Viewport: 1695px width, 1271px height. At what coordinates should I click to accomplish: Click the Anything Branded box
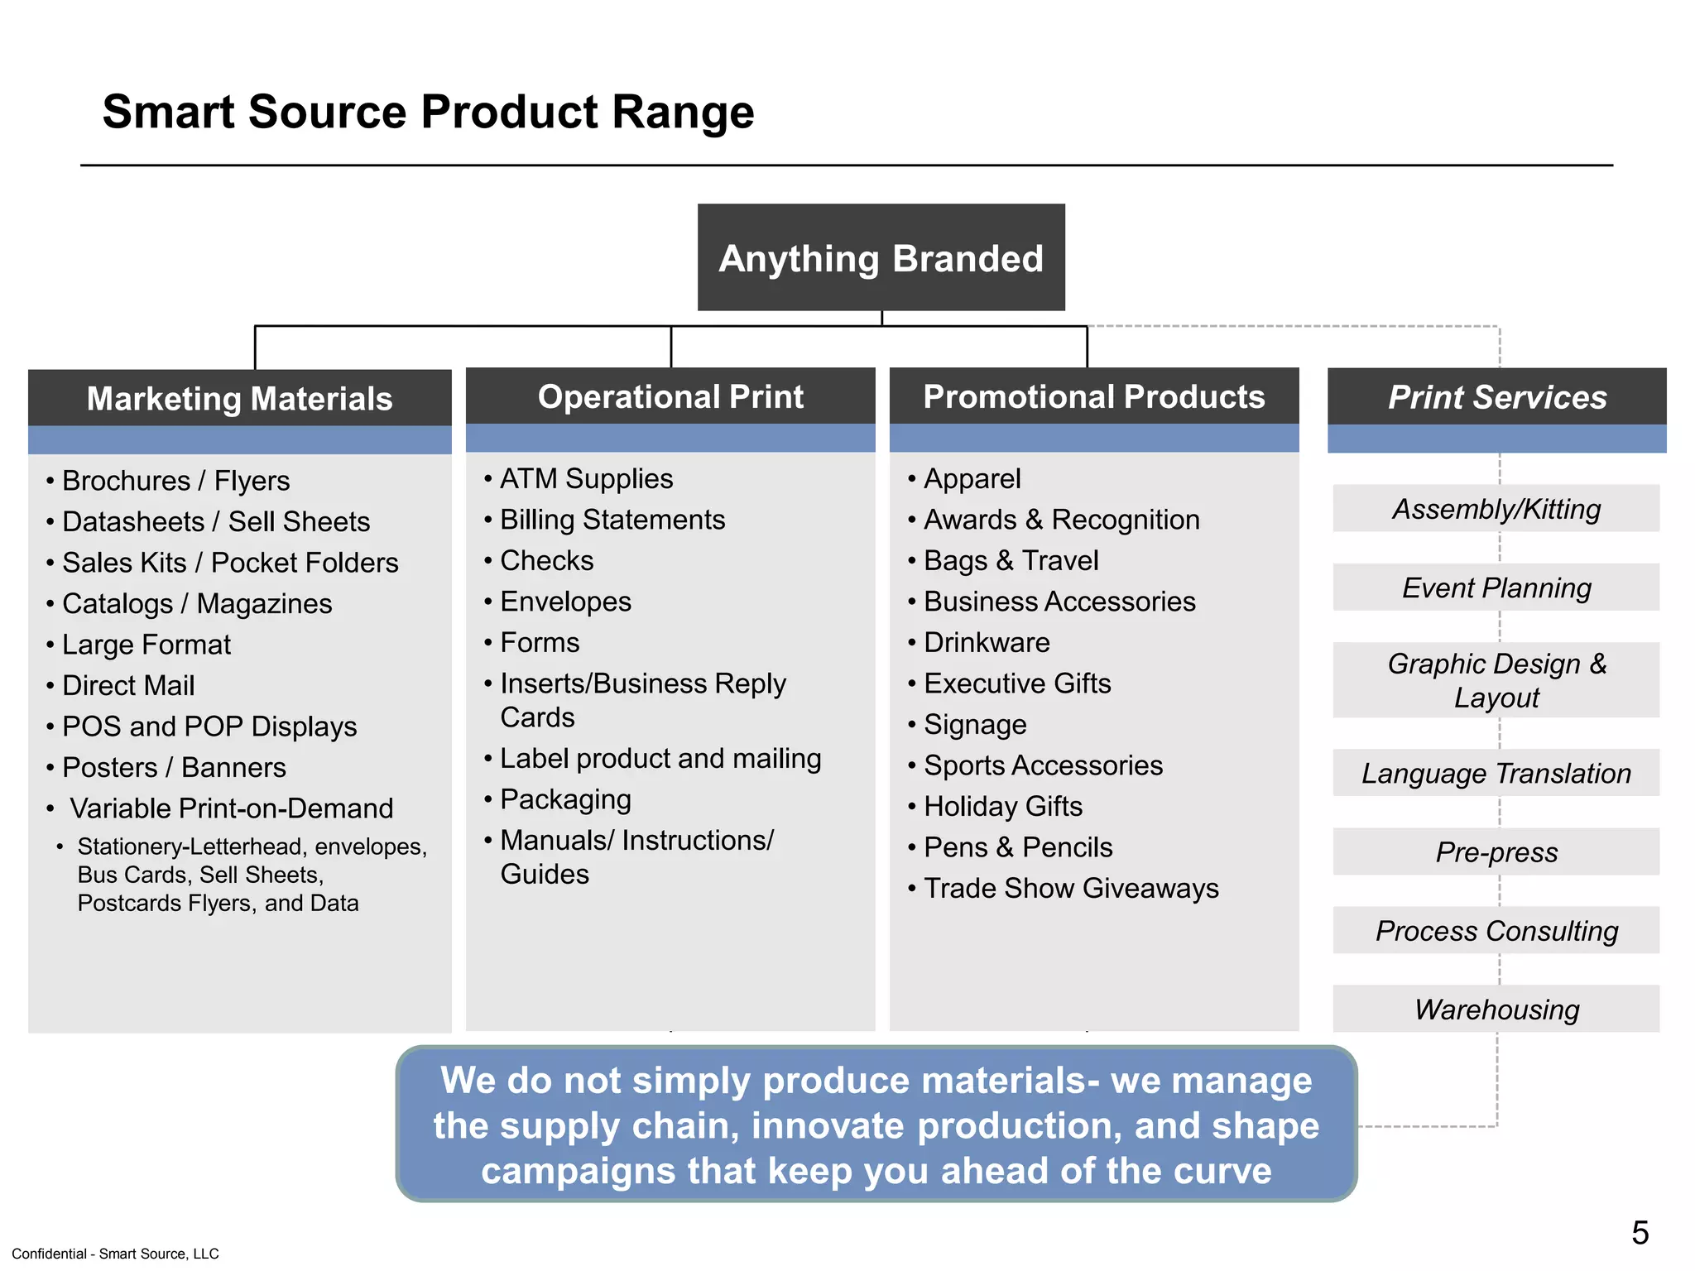coord(881,258)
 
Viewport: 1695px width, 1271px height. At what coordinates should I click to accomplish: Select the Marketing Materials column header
coord(239,399)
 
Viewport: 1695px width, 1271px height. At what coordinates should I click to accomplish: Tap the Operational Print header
coord(670,397)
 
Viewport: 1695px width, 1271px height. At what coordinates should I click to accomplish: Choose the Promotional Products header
coord(1093,397)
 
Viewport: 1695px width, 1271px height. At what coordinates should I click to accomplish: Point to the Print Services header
coord(1496,397)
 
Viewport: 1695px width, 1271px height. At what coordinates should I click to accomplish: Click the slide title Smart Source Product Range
coord(428,112)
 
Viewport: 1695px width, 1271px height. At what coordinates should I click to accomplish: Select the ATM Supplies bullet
coord(586,479)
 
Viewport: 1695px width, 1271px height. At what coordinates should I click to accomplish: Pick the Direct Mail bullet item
coord(128,686)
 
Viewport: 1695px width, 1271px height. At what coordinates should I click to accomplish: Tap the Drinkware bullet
coord(987,643)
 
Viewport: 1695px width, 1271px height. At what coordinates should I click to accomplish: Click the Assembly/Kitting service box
coord(1496,509)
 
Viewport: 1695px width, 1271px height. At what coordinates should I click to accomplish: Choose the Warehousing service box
coord(1496,1010)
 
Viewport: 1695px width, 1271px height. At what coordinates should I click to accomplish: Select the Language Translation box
coord(1496,774)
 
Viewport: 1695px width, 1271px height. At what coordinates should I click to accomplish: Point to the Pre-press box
coord(1496,852)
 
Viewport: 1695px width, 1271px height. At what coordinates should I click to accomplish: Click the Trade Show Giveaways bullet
coord(1071,889)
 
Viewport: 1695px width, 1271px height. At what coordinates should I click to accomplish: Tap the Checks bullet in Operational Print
coord(546,561)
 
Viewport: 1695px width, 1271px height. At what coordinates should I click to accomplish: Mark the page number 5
coord(1640,1233)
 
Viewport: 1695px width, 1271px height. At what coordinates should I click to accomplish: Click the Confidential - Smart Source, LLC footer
coord(115,1254)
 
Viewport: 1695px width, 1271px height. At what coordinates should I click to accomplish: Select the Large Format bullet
coord(146,645)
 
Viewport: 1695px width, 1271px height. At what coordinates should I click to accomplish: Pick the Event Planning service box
coord(1496,588)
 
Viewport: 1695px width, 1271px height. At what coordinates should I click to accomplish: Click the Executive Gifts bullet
coord(1017,684)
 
